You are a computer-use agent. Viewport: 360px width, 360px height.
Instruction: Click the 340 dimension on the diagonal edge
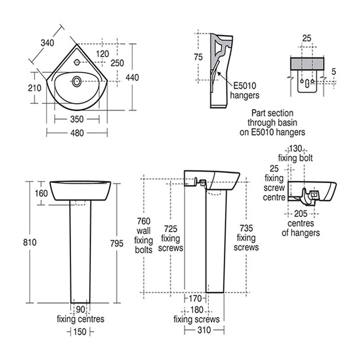click(x=47, y=43)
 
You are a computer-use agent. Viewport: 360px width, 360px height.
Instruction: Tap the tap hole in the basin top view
click(x=77, y=62)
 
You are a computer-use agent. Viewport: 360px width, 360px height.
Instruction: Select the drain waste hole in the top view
click(x=76, y=81)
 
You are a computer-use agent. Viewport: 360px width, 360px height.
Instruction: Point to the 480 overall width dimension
click(x=77, y=133)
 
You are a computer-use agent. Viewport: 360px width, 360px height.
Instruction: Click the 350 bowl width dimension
click(x=77, y=119)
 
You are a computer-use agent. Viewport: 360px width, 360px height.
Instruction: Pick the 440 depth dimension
click(x=132, y=77)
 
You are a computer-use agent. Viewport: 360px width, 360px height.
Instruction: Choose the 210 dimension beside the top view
click(x=35, y=88)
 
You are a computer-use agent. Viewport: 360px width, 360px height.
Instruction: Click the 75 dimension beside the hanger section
click(x=198, y=57)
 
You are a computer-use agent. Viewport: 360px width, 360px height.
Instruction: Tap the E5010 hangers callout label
click(x=244, y=90)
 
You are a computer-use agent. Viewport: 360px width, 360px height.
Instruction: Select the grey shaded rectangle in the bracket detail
click(x=307, y=63)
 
